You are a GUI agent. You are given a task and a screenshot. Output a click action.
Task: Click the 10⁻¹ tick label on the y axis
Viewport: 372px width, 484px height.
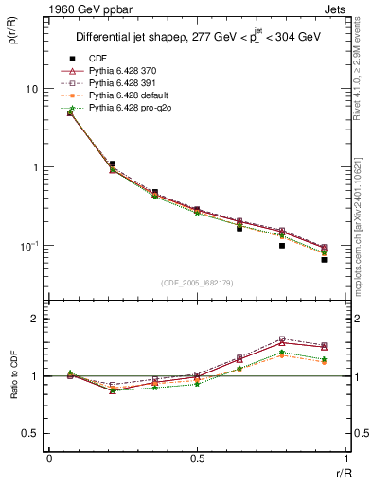(28, 246)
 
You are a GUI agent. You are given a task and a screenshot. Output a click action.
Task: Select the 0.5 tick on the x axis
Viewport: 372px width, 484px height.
(196, 458)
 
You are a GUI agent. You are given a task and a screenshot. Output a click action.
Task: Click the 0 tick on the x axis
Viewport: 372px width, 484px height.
(48, 458)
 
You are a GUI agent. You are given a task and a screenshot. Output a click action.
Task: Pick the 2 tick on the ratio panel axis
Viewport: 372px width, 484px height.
(34, 319)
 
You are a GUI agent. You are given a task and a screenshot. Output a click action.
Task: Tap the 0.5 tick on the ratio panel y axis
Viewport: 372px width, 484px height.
(30, 433)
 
